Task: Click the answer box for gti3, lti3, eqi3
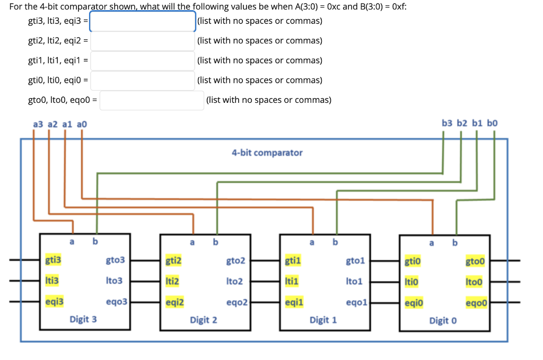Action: (143, 21)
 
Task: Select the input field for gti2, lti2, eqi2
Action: (143, 41)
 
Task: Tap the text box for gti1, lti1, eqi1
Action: (143, 60)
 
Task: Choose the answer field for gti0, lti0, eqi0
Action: (143, 81)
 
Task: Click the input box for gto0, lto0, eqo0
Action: (152, 100)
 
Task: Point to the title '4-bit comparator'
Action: (267, 153)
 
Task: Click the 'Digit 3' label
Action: (83, 320)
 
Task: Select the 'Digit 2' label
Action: (204, 320)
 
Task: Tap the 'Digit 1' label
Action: (323, 320)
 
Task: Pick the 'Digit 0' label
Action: (442, 321)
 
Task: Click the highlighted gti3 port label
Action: (53, 260)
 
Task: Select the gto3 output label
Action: (115, 260)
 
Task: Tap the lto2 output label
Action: (234, 281)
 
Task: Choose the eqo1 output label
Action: (355, 302)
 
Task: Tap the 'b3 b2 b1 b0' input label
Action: (469, 124)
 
